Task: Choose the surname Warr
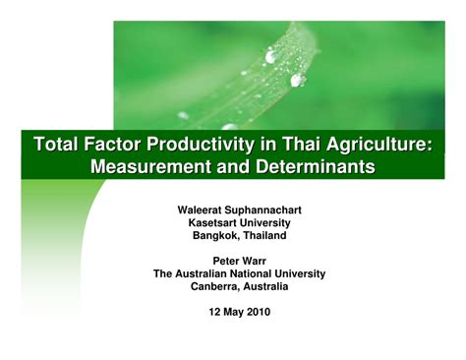point(250,261)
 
